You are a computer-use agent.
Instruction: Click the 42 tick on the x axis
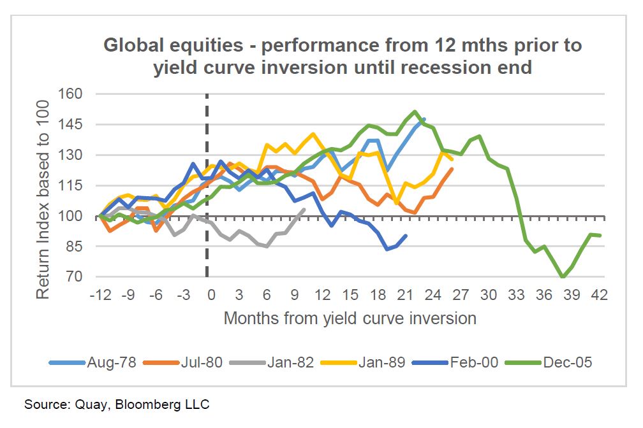pyautogui.click(x=598, y=296)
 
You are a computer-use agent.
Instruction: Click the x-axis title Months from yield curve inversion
pyautogui.click(x=350, y=318)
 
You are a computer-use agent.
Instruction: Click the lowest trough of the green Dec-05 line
pyautogui.click(x=562, y=277)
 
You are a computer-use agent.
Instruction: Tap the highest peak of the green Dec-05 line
pyautogui.click(x=415, y=111)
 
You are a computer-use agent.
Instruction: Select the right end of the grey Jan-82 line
pyautogui.click(x=305, y=209)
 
